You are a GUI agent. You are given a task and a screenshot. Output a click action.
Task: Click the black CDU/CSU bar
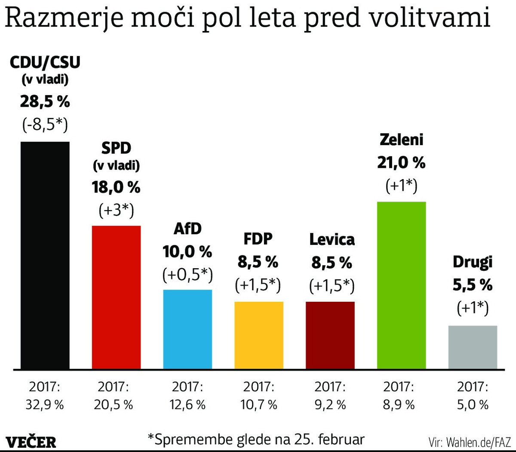point(45,255)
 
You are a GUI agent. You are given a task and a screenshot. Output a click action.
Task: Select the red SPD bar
point(116,297)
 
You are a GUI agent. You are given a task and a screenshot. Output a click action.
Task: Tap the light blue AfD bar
point(187,329)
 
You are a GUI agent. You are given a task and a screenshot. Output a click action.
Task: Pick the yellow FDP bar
point(259,335)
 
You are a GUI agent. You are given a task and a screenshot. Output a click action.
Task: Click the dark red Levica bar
point(330,335)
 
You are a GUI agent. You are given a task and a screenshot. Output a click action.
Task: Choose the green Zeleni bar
point(401,285)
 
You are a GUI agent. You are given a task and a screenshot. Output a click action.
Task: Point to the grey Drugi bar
point(473,347)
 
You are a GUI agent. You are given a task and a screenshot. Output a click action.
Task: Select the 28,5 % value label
point(45,102)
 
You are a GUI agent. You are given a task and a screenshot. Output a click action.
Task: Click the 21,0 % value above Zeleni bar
point(401,163)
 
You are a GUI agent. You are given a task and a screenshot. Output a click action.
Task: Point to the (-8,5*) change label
point(45,124)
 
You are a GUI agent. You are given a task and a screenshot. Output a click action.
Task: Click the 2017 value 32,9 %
point(45,405)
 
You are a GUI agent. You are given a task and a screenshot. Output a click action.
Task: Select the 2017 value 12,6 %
point(187,405)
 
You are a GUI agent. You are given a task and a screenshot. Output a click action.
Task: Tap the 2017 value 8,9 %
point(399,405)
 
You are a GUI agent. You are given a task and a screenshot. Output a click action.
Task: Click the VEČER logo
point(31,442)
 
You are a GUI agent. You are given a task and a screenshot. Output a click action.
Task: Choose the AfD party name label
point(187,229)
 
